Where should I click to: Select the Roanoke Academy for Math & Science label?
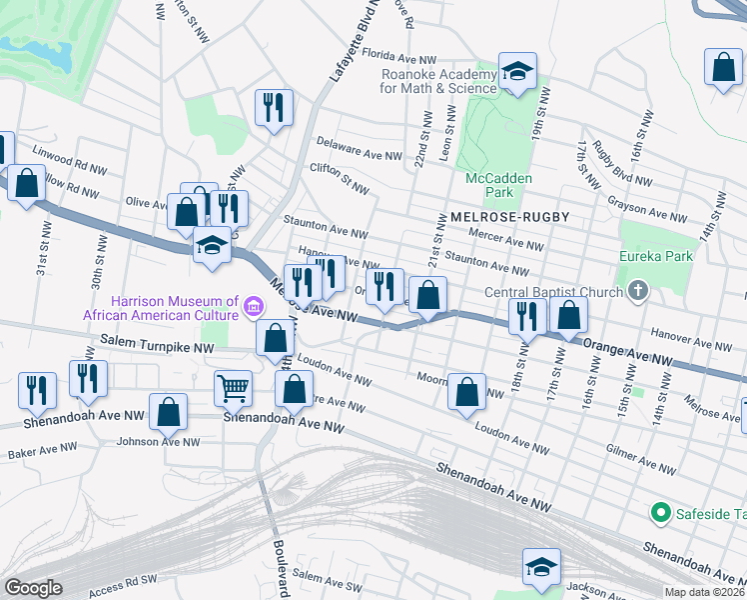click(x=438, y=80)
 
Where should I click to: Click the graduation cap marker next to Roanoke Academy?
click(x=516, y=72)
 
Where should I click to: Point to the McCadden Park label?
click(x=498, y=184)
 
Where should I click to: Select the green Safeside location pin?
click(x=659, y=514)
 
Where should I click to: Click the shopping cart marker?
click(x=234, y=386)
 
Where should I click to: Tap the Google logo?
click(x=33, y=588)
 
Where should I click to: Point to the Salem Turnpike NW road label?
click(x=158, y=345)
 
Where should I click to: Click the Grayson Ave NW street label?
click(x=647, y=206)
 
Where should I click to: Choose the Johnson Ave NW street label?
click(x=153, y=441)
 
